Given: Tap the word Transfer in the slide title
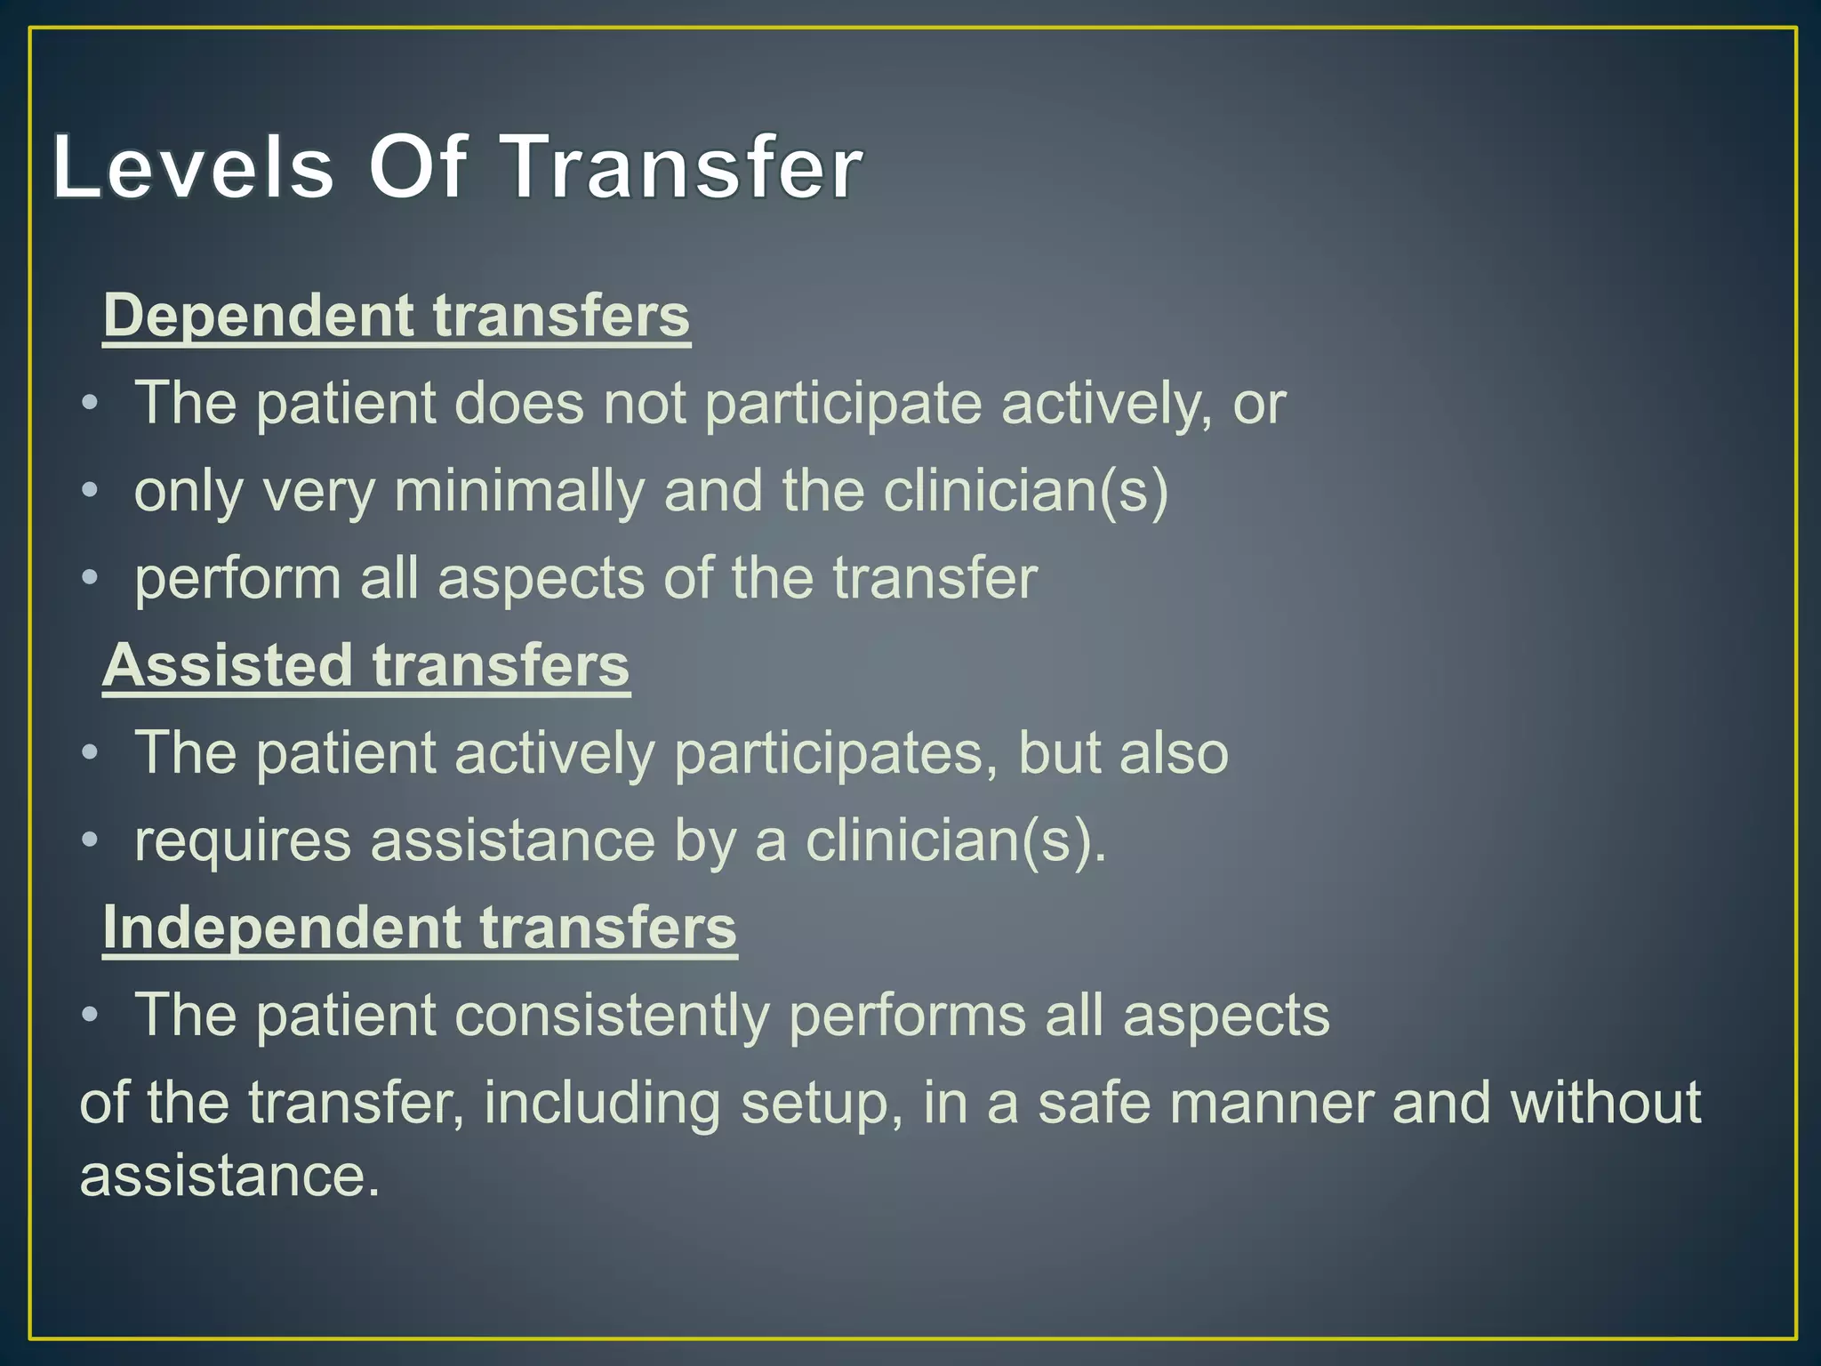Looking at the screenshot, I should (x=684, y=167).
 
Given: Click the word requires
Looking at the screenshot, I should (x=243, y=841).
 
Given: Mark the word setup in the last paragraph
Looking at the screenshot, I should (x=815, y=1104).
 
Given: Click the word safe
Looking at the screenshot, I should (x=1094, y=1104).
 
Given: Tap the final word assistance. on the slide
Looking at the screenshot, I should (x=229, y=1176).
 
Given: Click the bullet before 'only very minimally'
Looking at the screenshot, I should (x=89, y=492).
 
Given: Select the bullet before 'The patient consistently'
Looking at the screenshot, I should (x=89, y=1016).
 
